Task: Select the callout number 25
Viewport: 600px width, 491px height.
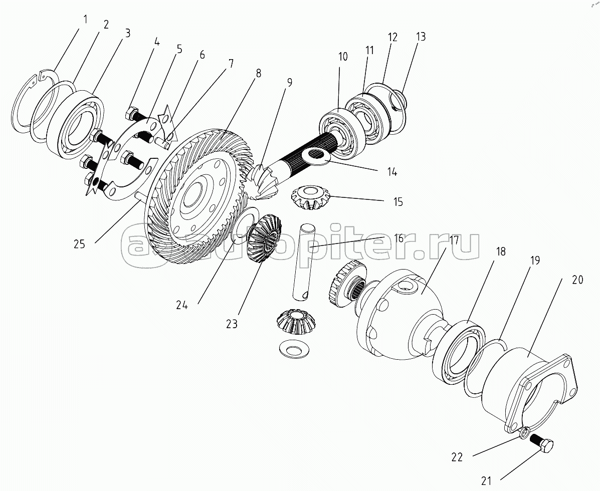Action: [79, 244]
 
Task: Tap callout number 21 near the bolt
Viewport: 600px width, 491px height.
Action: [486, 481]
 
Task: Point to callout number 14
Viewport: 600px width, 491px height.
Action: [392, 172]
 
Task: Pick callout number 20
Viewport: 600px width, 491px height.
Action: [577, 280]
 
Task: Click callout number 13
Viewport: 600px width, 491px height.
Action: [420, 37]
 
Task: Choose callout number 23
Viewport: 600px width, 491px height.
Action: [231, 324]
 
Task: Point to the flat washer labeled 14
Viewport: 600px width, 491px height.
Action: [316, 156]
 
